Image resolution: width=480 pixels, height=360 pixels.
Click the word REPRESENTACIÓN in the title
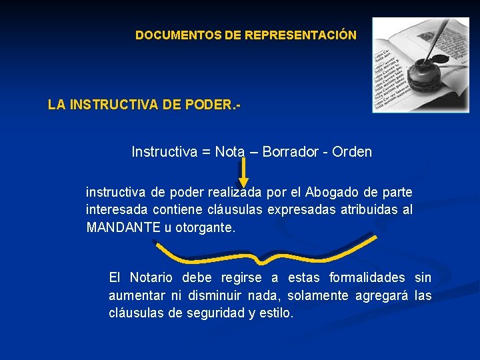point(301,35)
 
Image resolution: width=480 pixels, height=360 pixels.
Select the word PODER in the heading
point(209,105)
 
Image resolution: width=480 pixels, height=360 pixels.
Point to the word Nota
point(230,152)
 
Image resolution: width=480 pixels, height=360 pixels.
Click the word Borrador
point(290,152)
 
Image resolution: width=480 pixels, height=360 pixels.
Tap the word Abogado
point(331,192)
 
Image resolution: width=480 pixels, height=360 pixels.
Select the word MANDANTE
point(123,227)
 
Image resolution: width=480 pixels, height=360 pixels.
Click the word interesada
point(116,210)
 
